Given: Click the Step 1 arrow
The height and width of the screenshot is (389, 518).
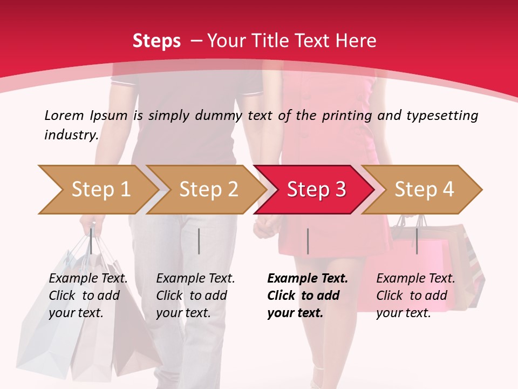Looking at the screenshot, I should pyautogui.click(x=97, y=190).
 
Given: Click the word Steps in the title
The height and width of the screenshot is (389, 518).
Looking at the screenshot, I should pyautogui.click(x=156, y=41).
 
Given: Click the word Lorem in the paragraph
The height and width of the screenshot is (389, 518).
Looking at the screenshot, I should pyautogui.click(x=64, y=115).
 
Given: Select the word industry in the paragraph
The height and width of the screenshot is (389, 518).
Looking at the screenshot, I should pyautogui.click(x=71, y=135).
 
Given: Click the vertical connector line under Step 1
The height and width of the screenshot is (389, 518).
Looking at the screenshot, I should pyautogui.click(x=91, y=241).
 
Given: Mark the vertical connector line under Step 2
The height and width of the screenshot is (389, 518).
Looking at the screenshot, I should pyautogui.click(x=199, y=241).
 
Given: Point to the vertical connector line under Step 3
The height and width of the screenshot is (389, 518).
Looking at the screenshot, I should pyautogui.click(x=308, y=241).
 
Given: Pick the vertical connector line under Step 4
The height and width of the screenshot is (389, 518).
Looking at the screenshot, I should pyautogui.click(x=417, y=241).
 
